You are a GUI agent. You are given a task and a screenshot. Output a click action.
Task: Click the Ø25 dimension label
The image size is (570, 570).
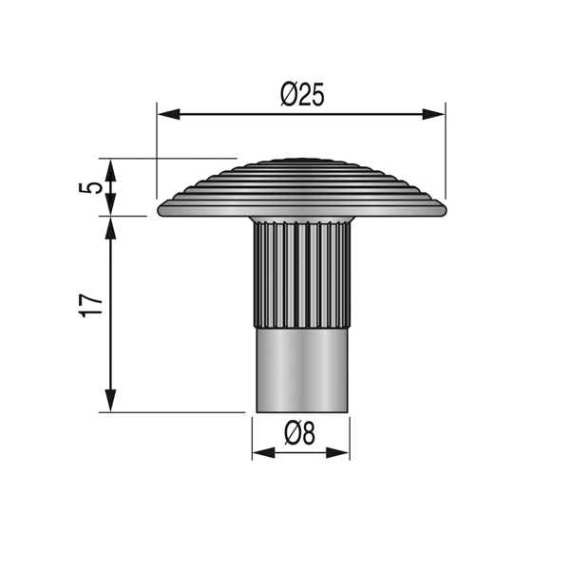tap(302, 95)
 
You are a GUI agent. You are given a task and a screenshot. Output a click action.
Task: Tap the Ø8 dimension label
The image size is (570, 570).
tap(299, 433)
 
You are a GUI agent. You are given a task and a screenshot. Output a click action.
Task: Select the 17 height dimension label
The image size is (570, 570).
tap(90, 306)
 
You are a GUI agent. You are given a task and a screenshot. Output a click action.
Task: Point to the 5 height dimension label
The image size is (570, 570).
tap(90, 188)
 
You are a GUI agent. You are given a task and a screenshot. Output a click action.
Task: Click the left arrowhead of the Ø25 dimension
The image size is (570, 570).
tap(169, 114)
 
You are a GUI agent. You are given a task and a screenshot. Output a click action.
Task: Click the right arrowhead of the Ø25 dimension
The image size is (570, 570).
tap(433, 114)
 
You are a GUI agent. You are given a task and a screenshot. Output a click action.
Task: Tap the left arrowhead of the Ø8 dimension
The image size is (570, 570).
tap(263, 452)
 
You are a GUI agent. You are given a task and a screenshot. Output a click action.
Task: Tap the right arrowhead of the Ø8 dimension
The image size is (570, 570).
tap(337, 452)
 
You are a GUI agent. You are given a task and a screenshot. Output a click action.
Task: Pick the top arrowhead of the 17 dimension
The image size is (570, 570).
tap(110, 228)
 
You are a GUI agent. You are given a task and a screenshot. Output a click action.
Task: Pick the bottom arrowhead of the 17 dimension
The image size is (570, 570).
tap(110, 401)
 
